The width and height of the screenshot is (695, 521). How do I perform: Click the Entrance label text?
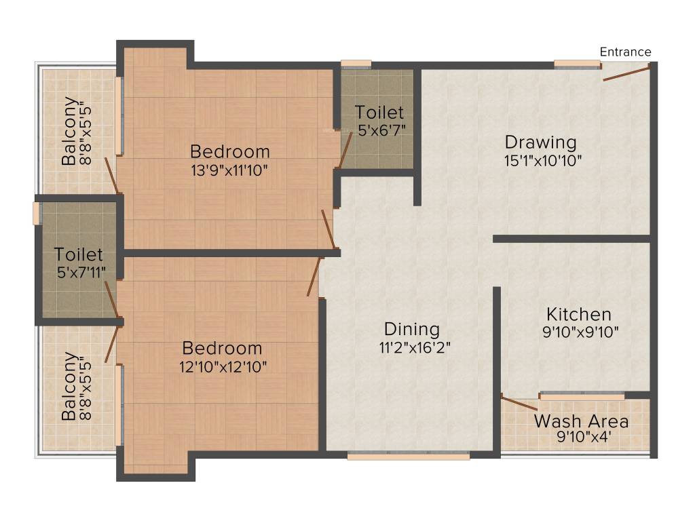click(x=625, y=52)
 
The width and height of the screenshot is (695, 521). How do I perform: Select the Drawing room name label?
click(x=540, y=142)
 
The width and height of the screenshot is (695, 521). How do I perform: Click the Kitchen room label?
click(x=579, y=315)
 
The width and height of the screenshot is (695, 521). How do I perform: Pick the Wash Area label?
click(x=581, y=421)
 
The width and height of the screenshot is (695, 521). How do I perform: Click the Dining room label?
click(x=411, y=329)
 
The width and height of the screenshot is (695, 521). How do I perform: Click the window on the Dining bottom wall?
click(x=408, y=457)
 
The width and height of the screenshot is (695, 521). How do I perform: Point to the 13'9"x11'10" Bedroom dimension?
click(x=229, y=169)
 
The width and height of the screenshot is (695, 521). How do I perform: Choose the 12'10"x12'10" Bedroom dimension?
click(x=223, y=367)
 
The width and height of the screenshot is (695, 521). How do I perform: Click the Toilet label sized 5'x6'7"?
click(x=379, y=112)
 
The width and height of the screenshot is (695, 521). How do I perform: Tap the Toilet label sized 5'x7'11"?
click(x=79, y=255)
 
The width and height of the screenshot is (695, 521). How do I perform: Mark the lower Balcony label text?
click(x=69, y=386)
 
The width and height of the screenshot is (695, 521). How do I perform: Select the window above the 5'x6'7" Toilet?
click(x=356, y=65)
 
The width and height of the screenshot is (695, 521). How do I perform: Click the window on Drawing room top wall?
click(x=577, y=65)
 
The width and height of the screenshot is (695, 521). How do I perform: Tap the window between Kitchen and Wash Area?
click(x=582, y=395)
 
